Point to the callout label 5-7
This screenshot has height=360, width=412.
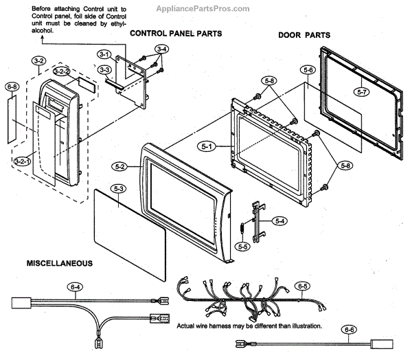click(x=363, y=91)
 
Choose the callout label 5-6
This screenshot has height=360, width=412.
click(x=308, y=70)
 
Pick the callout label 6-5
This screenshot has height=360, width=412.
click(x=301, y=284)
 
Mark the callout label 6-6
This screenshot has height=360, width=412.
click(x=350, y=329)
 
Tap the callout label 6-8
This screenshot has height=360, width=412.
click(x=12, y=87)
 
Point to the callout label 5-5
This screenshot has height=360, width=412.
click(x=242, y=246)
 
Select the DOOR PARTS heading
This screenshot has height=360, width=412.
click(x=304, y=34)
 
